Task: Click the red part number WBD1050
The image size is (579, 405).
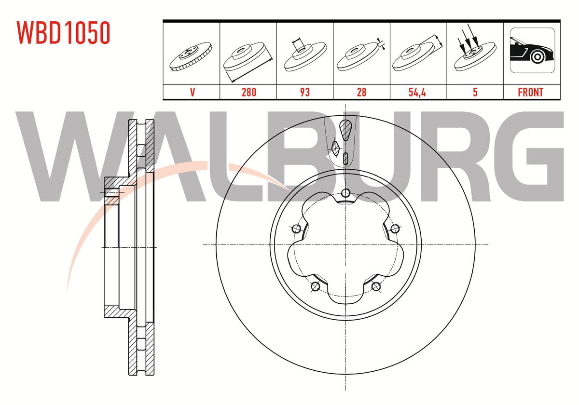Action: coord(63,33)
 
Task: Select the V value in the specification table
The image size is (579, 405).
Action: coord(193,92)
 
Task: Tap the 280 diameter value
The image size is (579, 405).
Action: coord(249,92)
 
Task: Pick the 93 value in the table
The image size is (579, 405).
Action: coord(305,92)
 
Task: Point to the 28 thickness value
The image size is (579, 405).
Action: coord(361,92)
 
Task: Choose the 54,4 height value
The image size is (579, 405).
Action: coord(417,92)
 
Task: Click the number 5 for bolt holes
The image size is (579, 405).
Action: coord(475,92)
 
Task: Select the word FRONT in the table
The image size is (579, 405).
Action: coord(531,92)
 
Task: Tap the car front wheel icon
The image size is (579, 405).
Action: coord(532,50)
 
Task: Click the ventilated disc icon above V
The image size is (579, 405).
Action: coord(191,56)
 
